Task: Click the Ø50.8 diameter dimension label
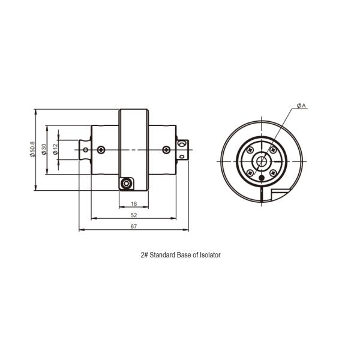(x=33, y=149)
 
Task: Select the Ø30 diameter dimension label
(x=44, y=149)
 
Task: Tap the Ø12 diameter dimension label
(x=55, y=149)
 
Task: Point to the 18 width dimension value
(x=134, y=203)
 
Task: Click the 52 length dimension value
(x=134, y=215)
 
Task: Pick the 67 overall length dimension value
(x=134, y=226)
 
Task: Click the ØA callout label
(x=301, y=106)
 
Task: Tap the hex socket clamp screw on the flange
(x=126, y=184)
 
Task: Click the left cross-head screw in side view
(x=101, y=150)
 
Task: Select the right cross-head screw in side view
(x=166, y=150)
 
